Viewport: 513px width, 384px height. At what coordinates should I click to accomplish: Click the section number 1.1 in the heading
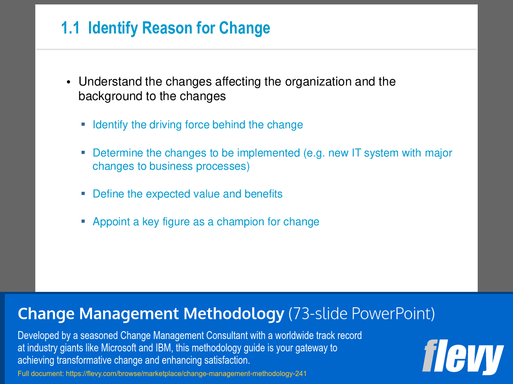coord(70,28)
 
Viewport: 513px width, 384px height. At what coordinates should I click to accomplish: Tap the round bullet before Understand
coord(68,82)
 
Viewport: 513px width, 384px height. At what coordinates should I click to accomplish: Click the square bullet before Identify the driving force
coord(83,125)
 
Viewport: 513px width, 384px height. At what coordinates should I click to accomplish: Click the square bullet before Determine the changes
coord(83,153)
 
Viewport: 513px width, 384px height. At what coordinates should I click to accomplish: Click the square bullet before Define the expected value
coord(83,194)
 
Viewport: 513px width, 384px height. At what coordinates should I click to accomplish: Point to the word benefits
coord(264,194)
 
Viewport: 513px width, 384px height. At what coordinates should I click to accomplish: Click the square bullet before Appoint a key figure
coord(83,221)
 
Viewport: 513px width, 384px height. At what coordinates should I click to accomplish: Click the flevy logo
coord(462,357)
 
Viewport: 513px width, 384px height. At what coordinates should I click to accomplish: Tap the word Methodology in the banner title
coord(234,314)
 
